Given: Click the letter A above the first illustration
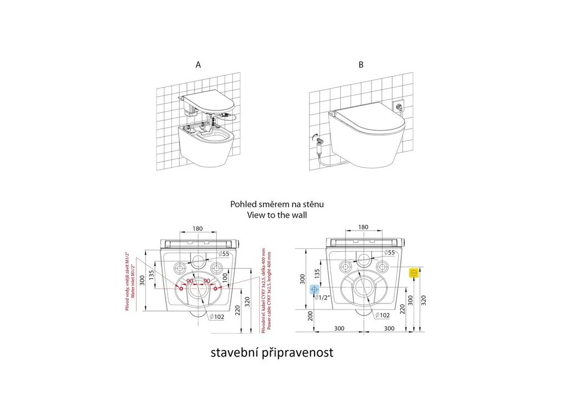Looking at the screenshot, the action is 198,65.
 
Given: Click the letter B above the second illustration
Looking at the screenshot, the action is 360,65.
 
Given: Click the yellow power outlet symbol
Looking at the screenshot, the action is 415,272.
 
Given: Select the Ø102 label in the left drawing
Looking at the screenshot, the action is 219,316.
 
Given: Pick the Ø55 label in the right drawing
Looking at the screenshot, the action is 388,253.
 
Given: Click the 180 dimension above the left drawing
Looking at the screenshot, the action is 198,229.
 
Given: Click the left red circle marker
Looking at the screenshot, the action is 181,287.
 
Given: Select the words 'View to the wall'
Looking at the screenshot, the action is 278,215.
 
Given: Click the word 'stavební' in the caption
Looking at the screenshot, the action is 232,353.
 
